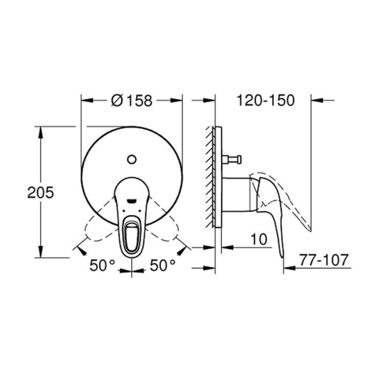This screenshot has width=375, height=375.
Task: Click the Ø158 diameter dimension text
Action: pyautogui.click(x=131, y=100)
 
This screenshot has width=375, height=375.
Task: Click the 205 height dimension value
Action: pyautogui.click(x=41, y=192)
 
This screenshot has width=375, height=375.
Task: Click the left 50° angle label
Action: pyautogui.click(x=102, y=264)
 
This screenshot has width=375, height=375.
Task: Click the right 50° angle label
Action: pyautogui.click(x=162, y=264)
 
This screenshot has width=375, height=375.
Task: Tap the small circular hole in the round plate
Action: pyautogui.click(x=132, y=159)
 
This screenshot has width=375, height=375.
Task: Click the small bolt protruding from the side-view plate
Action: pyautogui.click(x=234, y=159)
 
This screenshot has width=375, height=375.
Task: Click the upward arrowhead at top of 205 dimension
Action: pyautogui.click(x=41, y=130)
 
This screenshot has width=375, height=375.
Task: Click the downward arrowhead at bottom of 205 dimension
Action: pyautogui.click(x=41, y=254)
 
